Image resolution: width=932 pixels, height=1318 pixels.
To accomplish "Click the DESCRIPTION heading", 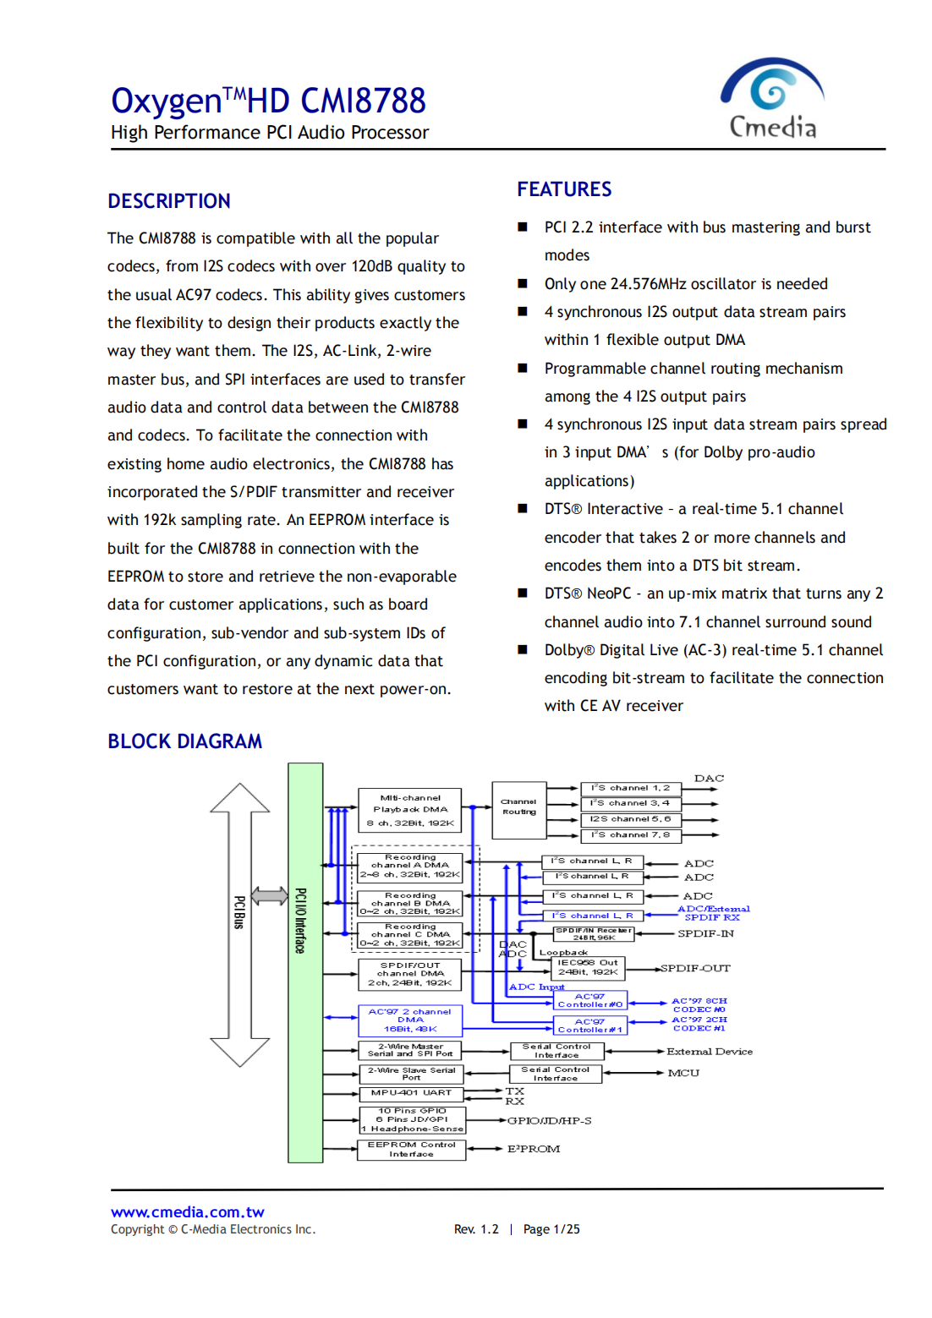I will pos(169,201).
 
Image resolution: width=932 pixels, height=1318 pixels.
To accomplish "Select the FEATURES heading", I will pos(564,189).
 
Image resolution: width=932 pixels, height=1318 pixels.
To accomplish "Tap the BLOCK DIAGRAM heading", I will pos(184,741).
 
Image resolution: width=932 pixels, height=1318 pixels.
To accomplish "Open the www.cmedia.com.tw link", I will pos(187,1211).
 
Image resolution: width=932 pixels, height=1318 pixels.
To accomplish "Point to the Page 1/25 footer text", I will pos(551,1229).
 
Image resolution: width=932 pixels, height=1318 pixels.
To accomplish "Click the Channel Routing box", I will pos(518,808).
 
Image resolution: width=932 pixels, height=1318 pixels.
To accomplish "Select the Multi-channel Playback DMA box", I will pos(410,810).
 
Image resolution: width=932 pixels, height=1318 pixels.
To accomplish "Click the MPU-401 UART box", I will pos(411,1093).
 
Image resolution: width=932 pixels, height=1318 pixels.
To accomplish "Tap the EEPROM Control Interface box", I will pos(411,1150).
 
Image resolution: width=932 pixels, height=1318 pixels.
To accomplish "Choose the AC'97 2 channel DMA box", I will pos(410,1020).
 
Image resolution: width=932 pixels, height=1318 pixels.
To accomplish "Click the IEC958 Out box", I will pos(587,967).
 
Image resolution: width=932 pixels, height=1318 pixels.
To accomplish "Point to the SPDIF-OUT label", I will pos(694,968).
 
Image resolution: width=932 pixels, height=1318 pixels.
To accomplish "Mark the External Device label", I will pos(709,1052).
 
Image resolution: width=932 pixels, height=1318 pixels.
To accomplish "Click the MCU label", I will pos(683,1073).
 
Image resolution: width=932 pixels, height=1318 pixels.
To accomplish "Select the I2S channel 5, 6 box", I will pos(630,819).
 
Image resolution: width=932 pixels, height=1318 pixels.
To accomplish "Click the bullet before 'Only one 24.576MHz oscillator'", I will pos(523,284).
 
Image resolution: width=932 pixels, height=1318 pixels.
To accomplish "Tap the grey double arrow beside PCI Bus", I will pos(270,895).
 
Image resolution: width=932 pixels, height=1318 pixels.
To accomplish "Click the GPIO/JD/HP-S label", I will pos(549,1121).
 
